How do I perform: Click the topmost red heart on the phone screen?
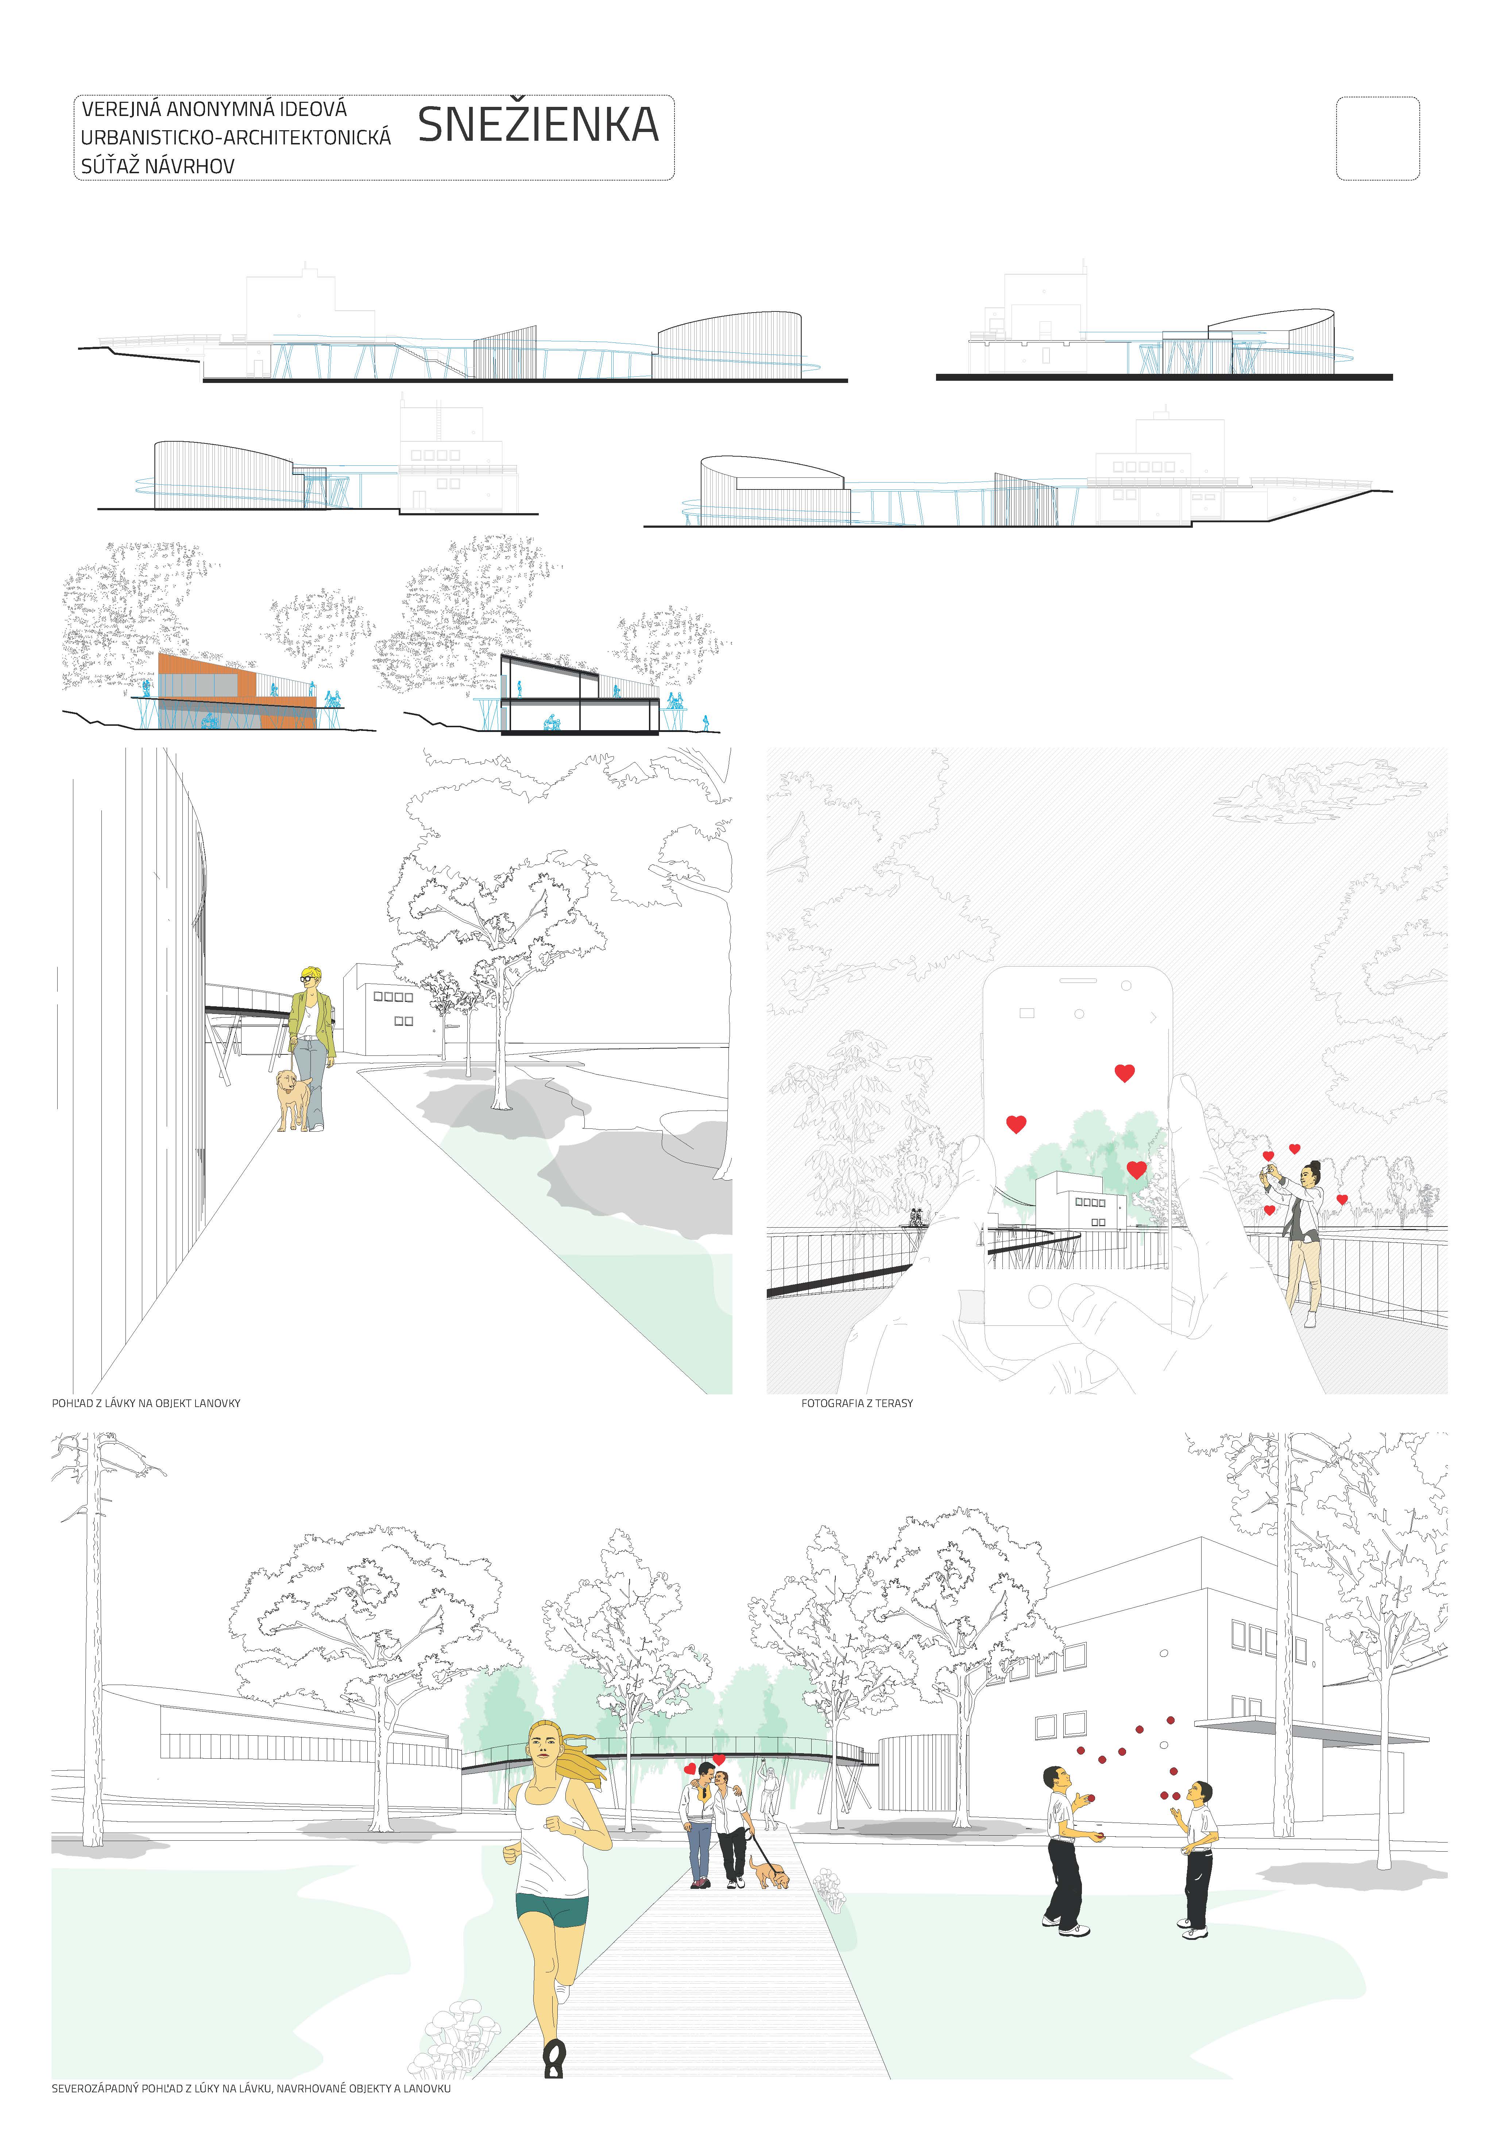[1124, 1072]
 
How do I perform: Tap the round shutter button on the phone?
[1040, 1297]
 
